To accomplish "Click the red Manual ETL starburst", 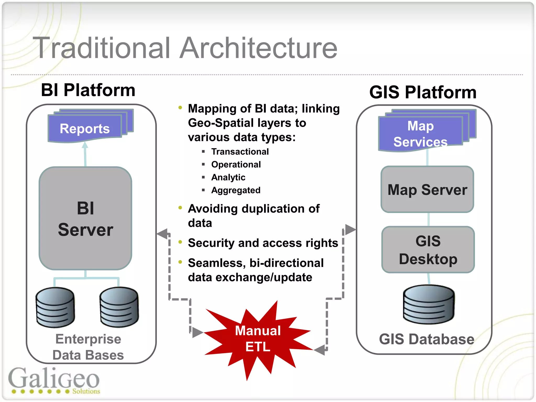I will (x=258, y=339).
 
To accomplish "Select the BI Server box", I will (x=85, y=219).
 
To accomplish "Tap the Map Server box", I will (x=427, y=189).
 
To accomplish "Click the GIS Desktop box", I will (x=428, y=250).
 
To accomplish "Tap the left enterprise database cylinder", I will (x=55, y=308).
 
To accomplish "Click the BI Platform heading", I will (x=88, y=90).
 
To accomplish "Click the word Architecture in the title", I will (x=258, y=48).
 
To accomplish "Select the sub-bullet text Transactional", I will (x=240, y=152).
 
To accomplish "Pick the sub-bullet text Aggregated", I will (x=236, y=190).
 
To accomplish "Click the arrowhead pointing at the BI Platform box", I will (x=162, y=233).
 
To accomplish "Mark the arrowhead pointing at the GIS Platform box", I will (x=350, y=230).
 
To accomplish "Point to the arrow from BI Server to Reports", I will (x=85, y=154).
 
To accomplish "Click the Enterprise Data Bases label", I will (x=88, y=347).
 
